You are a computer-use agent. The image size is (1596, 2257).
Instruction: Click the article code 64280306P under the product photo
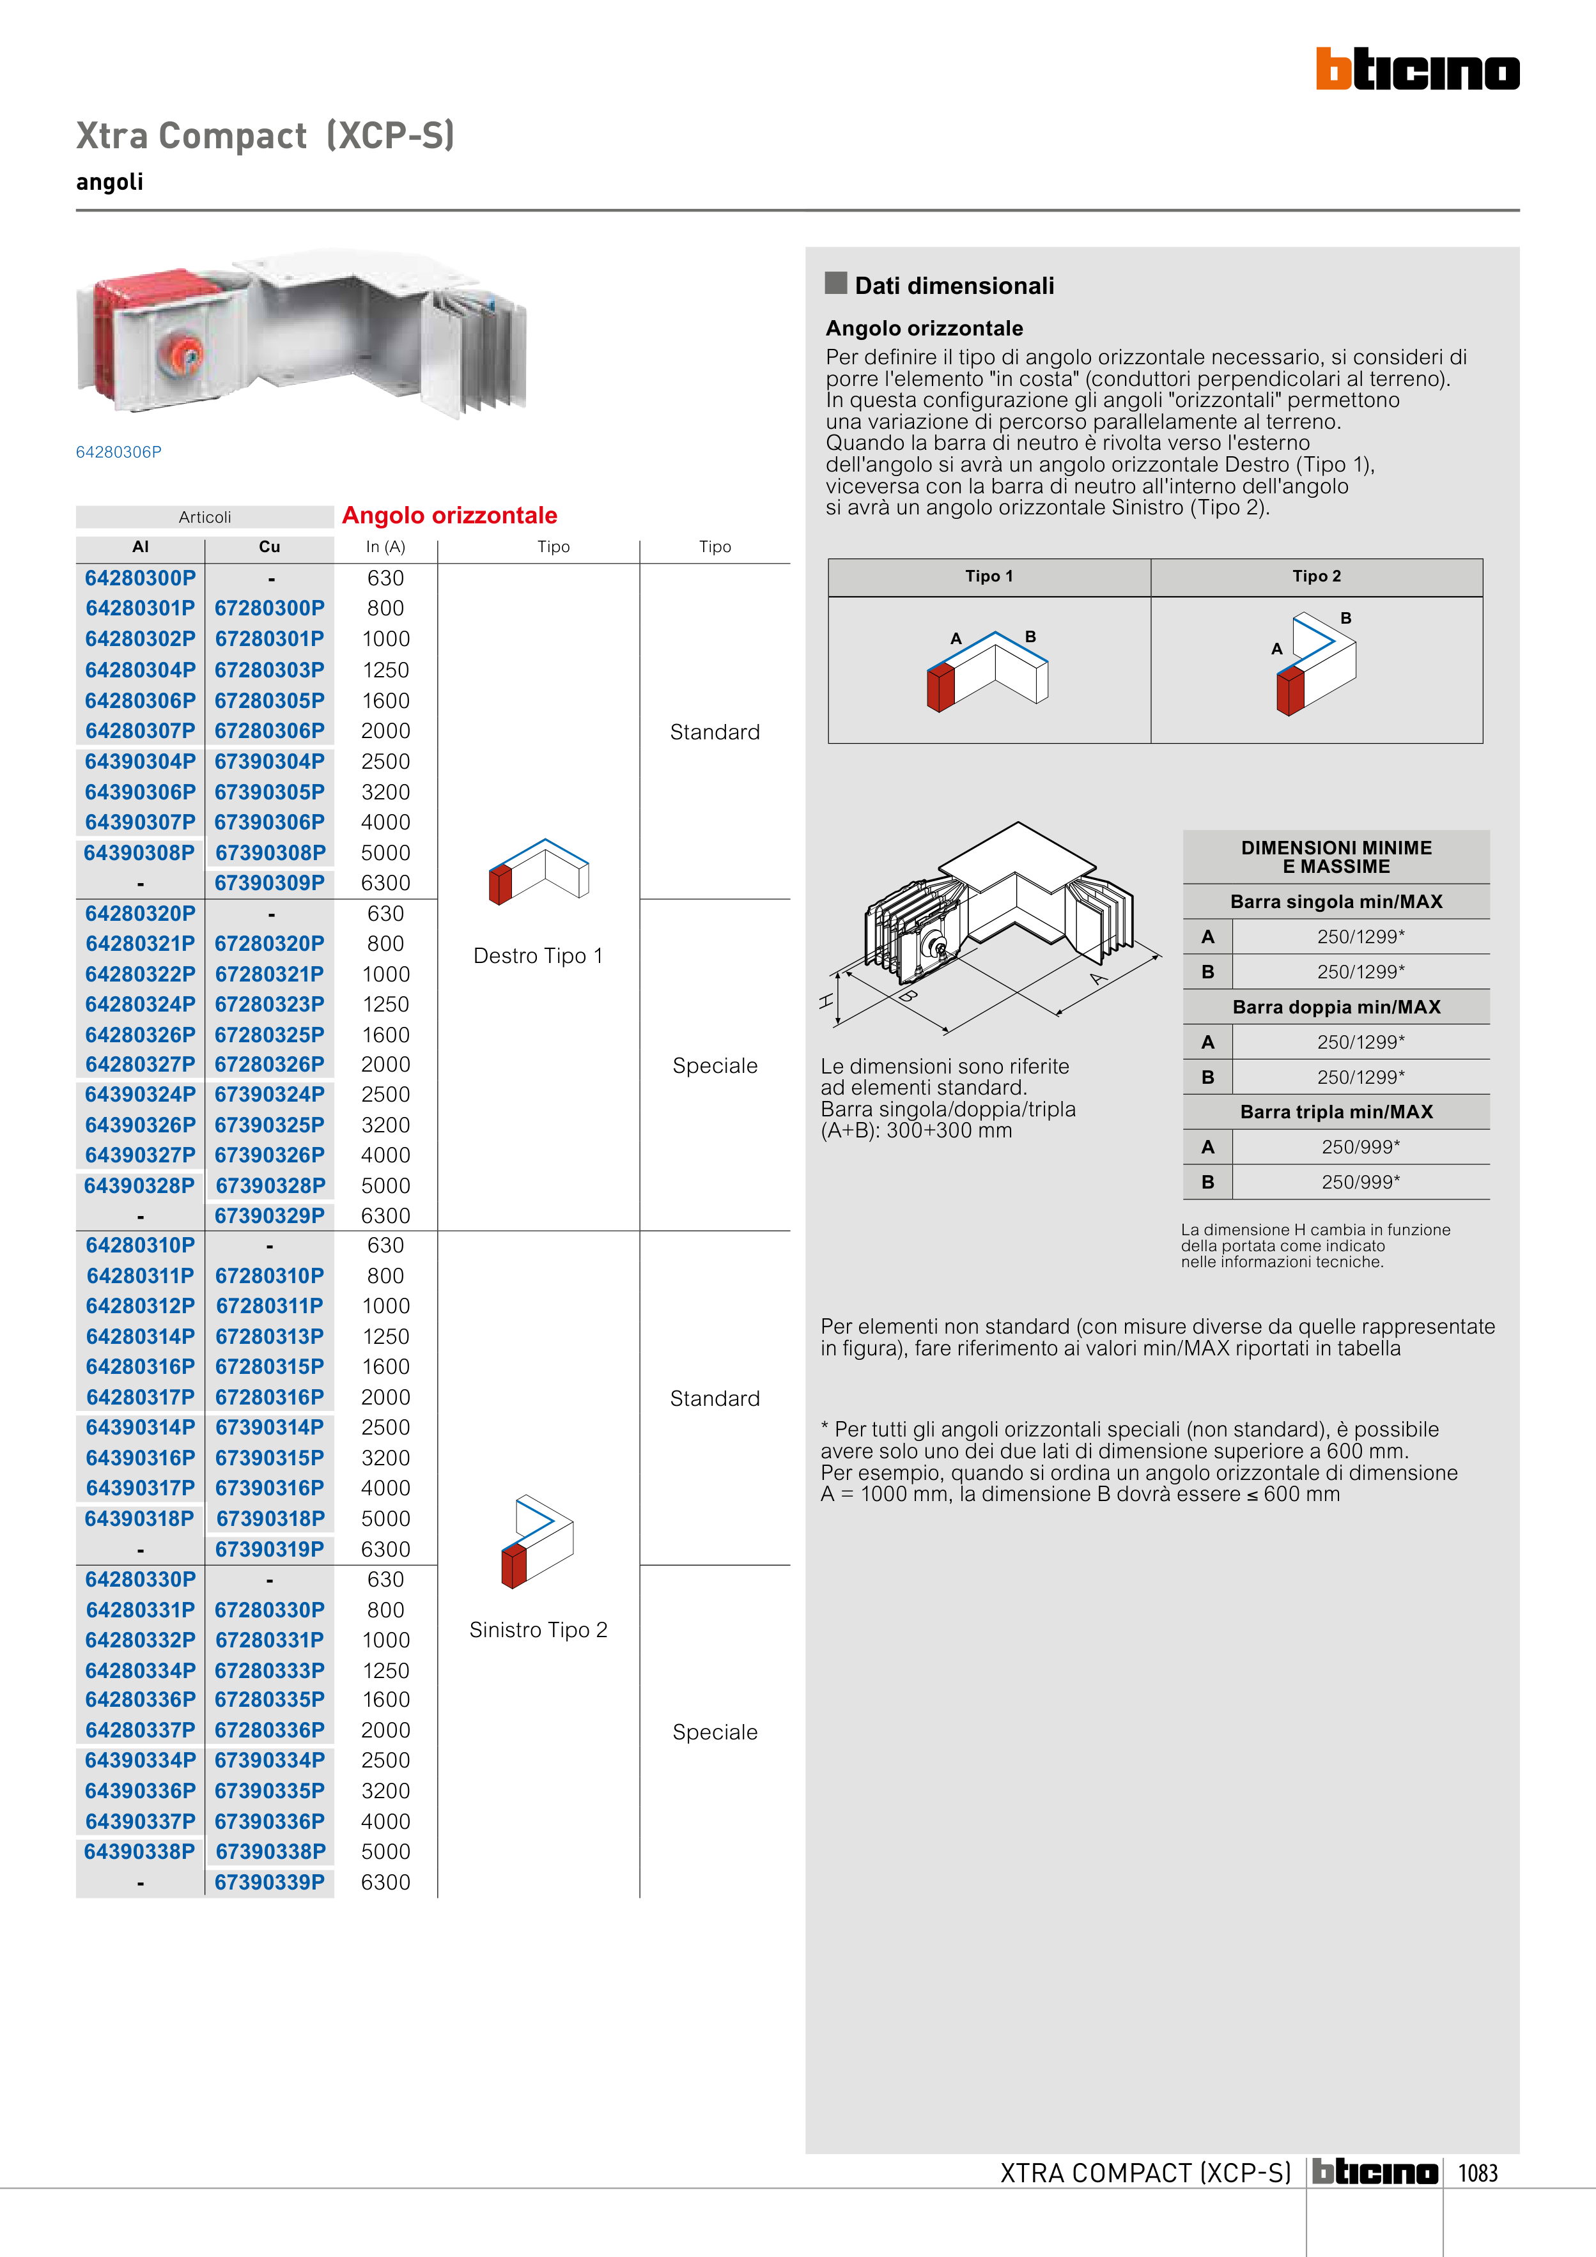(x=119, y=452)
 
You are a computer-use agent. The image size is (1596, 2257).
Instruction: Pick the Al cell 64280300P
(x=141, y=578)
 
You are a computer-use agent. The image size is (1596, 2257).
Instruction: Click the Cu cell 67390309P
(x=270, y=882)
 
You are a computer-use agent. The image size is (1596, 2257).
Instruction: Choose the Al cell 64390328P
(x=139, y=1185)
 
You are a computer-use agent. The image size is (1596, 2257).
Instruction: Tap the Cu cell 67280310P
(x=270, y=1276)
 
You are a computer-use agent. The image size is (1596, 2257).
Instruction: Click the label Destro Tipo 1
(x=538, y=955)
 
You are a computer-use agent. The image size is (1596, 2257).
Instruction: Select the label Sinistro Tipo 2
(x=538, y=1630)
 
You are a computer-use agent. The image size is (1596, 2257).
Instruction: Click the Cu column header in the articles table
(x=270, y=546)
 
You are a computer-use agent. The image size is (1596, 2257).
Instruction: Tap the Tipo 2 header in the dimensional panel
(x=1316, y=576)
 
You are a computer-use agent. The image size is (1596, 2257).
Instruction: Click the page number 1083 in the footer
(x=1477, y=2173)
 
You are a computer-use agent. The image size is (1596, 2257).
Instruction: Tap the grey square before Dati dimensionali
(x=836, y=283)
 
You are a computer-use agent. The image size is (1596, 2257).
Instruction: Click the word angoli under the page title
(x=110, y=182)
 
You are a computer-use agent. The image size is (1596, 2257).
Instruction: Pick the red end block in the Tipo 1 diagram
(x=940, y=686)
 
